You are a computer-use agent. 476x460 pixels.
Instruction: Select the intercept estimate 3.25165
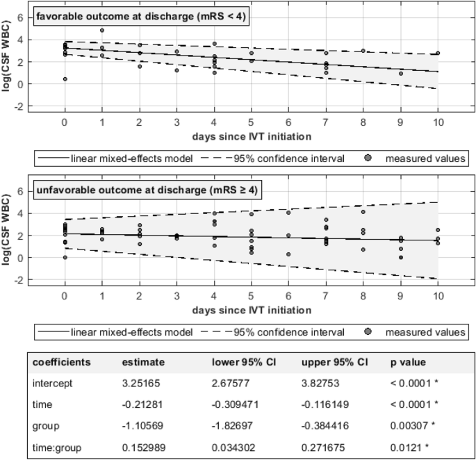143,383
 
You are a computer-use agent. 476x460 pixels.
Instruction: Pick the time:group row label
57,447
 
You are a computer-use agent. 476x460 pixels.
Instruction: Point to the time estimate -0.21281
143,404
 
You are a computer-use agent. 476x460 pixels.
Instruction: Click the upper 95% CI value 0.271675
324,447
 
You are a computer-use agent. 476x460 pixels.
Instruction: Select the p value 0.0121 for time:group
408,447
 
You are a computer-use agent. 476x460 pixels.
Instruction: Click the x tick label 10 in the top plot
437,121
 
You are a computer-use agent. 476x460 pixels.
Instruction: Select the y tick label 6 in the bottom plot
21,191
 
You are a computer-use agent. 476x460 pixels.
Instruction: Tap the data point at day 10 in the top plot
437,53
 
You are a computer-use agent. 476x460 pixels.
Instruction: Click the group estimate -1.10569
144,426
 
